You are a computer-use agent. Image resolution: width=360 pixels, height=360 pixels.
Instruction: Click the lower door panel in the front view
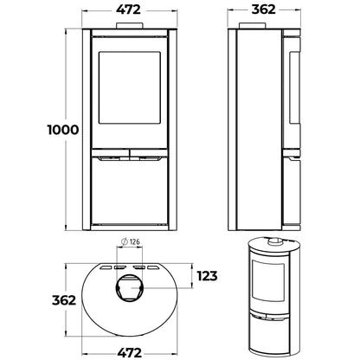pos(128,195)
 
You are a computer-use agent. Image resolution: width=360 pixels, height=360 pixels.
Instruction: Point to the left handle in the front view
pos(109,157)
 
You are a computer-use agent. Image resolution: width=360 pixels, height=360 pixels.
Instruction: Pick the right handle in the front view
pos(147,157)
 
